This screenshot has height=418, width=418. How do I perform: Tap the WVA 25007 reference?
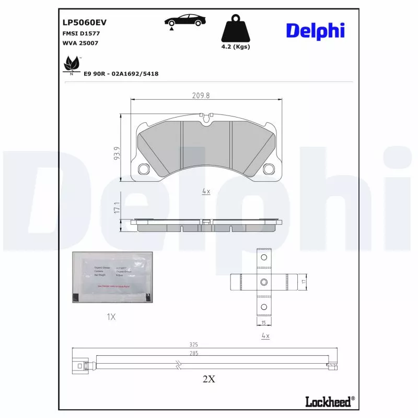(76, 43)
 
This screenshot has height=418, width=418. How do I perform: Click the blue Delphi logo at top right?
(315, 30)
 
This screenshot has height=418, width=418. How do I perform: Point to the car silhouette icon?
(184, 21)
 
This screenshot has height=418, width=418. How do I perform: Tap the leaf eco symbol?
(69, 66)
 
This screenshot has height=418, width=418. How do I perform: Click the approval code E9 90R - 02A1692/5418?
(121, 74)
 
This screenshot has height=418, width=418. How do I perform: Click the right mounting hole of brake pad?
(270, 169)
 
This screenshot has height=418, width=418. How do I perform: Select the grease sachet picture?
(113, 277)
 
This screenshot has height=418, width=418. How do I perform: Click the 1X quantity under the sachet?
(111, 317)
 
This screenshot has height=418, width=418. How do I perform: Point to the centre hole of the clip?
(264, 282)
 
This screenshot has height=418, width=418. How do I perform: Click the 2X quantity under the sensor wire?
(208, 379)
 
